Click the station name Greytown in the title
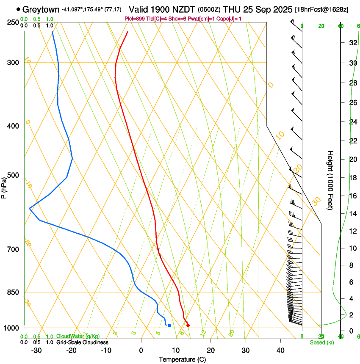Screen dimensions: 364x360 [41, 9]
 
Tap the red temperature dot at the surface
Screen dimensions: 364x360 [188, 325]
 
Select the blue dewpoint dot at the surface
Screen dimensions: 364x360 [169, 325]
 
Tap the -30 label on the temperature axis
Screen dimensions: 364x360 [36, 350]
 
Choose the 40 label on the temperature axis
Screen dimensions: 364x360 [280, 350]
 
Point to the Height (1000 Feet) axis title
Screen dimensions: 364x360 [331, 180]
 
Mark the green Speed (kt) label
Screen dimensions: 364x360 [321, 342]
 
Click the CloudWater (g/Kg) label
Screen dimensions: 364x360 [78, 336]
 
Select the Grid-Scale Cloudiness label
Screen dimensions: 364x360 [82, 342]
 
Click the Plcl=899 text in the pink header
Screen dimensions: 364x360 [136, 18]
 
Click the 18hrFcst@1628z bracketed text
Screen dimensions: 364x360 [322, 10]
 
